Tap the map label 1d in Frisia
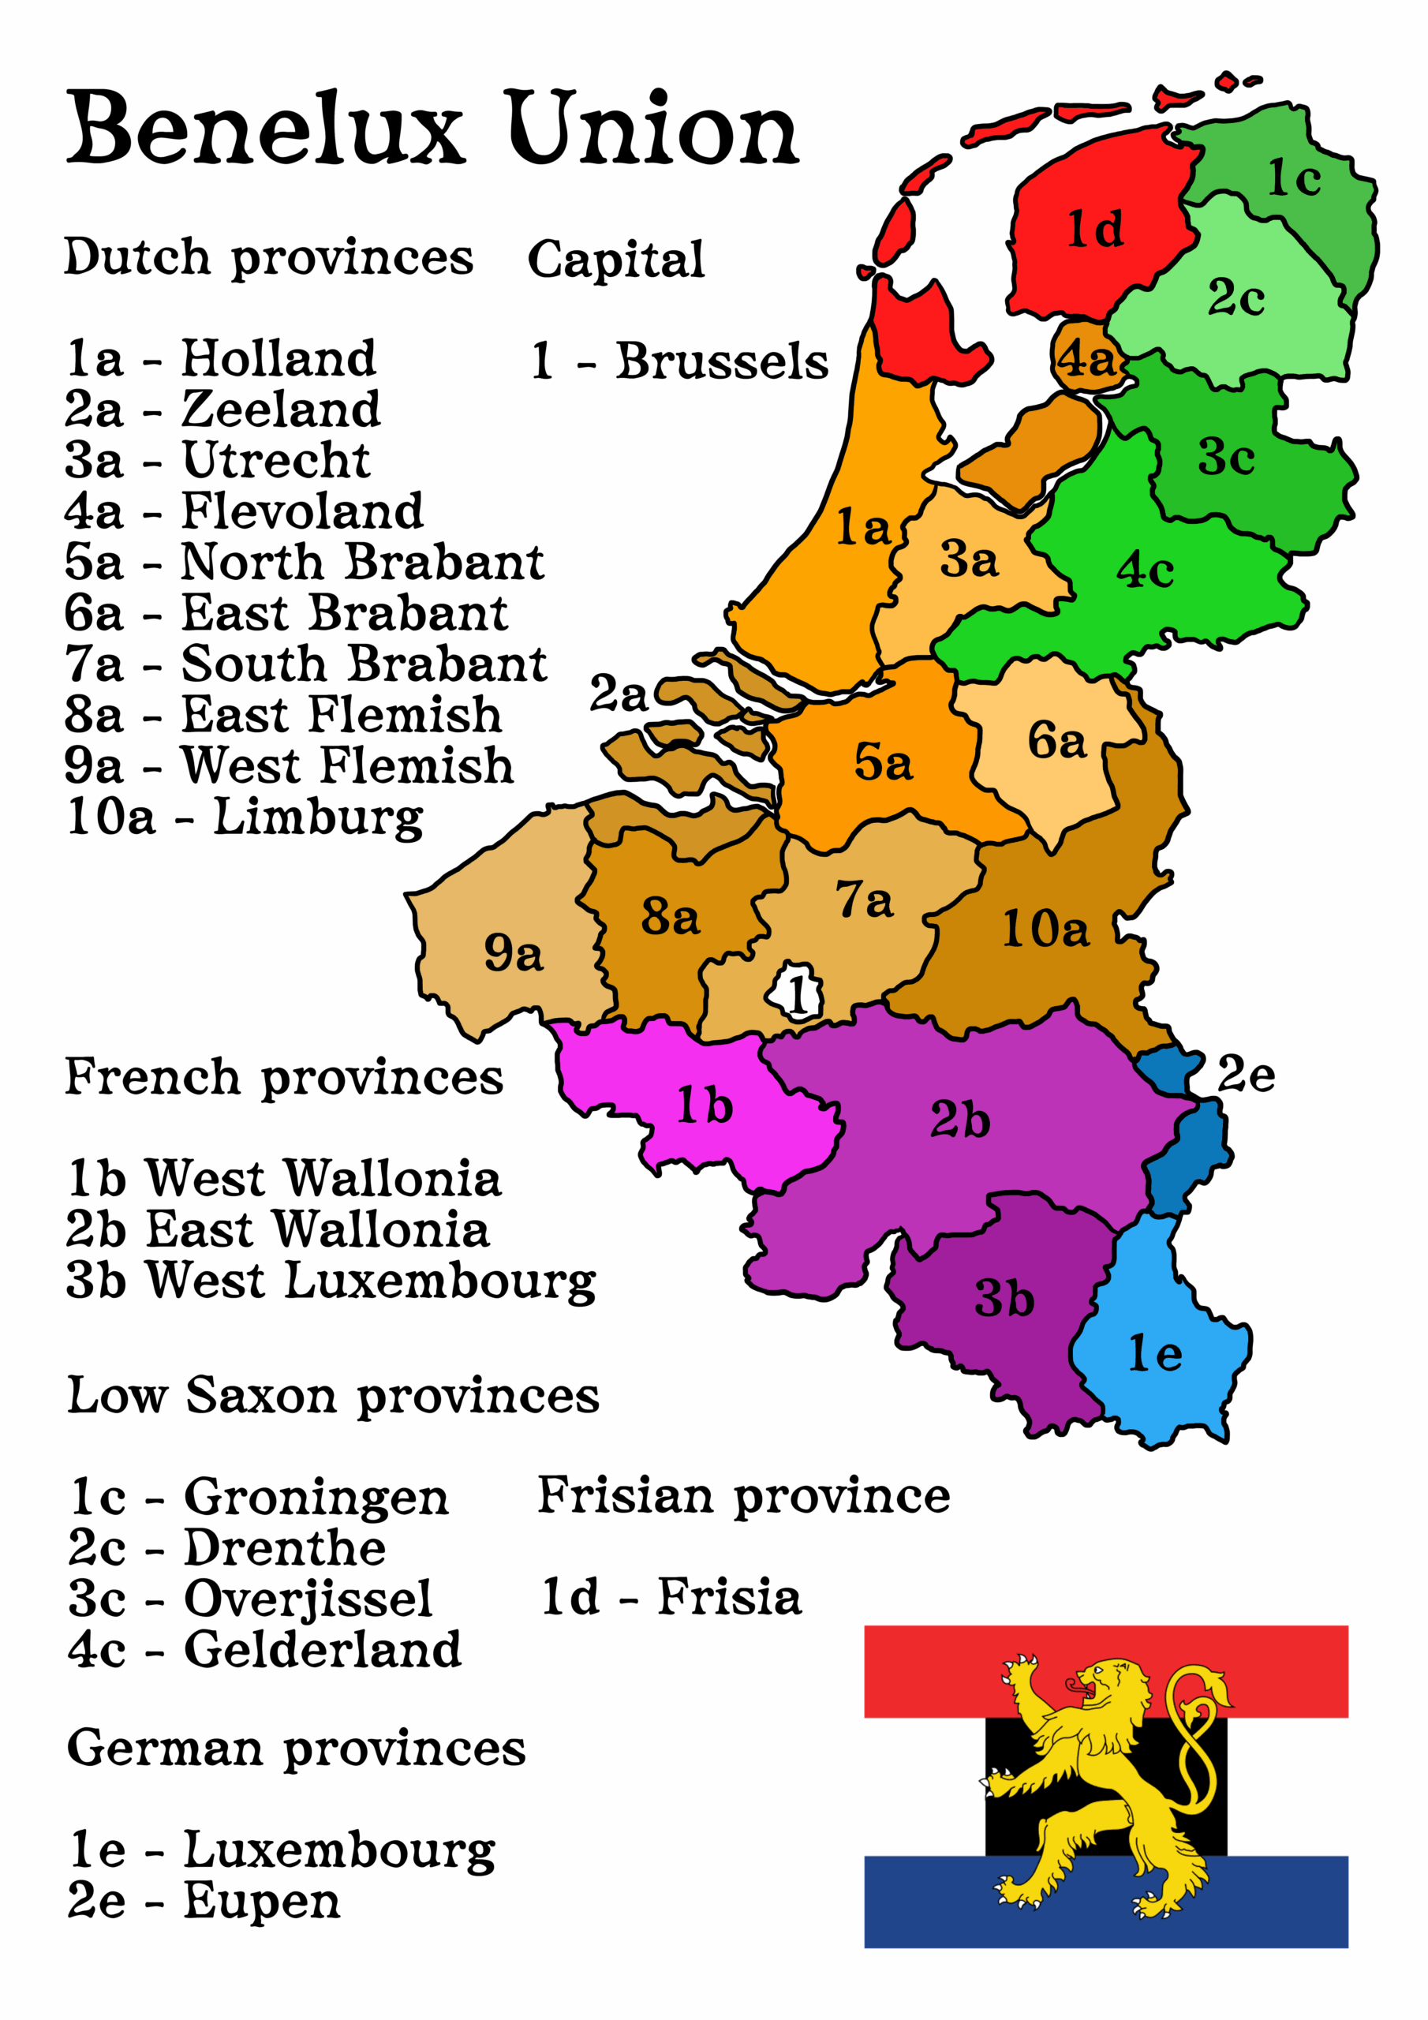point(1094,230)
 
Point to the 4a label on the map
point(1087,359)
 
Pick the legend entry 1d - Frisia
point(671,1597)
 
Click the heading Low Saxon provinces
point(333,1396)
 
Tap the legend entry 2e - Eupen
point(204,1900)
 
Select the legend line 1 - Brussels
point(678,361)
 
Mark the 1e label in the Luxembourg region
point(1154,1354)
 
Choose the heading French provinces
point(283,1078)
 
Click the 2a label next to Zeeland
point(618,694)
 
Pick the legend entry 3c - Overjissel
point(251,1599)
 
